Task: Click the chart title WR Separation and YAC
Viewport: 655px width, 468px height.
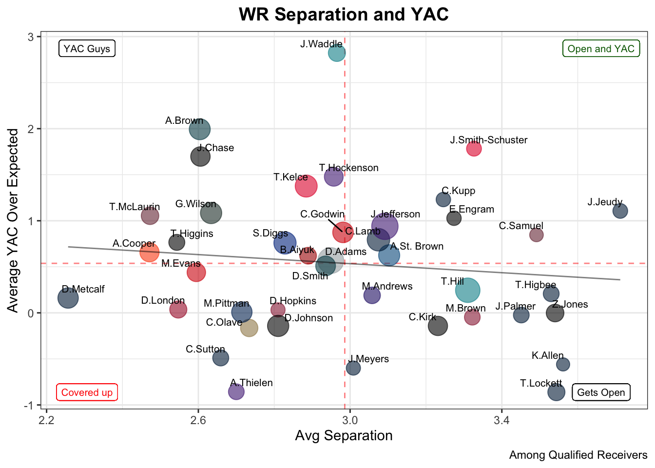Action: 344,15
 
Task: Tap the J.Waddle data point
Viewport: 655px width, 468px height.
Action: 337,53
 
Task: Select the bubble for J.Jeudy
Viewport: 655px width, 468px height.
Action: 620,211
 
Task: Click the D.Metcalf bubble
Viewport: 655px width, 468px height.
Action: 68,298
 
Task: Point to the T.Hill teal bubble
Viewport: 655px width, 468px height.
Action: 468,290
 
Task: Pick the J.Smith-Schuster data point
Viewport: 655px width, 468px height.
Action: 474,149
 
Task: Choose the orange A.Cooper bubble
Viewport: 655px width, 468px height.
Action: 149,253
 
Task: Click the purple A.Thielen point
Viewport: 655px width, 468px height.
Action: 236,391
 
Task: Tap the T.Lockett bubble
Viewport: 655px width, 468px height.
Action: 556,392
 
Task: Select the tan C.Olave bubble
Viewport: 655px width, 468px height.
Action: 249,328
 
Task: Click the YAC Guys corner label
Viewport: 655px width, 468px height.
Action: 87,49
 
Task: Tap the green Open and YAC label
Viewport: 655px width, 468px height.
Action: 601,49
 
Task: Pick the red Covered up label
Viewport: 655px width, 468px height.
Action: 87,392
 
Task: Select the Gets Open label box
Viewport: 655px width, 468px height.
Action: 601,392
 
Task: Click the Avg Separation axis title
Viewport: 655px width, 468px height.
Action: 344,436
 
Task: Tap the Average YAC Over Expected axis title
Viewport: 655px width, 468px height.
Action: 13,220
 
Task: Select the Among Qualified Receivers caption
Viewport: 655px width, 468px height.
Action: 578,455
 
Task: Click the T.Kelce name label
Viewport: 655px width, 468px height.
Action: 290,177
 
